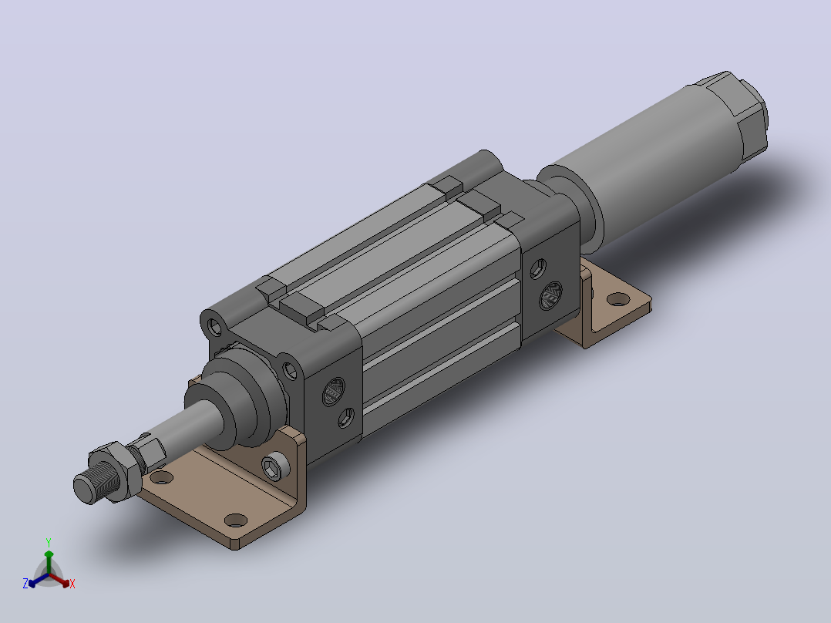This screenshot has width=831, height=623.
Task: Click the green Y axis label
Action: (49, 542)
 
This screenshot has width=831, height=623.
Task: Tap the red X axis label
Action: (72, 584)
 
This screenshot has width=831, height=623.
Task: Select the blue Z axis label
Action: (25, 584)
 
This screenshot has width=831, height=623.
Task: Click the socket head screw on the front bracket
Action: (276, 466)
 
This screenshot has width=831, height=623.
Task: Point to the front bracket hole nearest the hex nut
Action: (162, 478)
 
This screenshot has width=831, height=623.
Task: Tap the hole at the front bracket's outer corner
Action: (236, 520)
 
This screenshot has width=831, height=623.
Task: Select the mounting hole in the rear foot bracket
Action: (618, 300)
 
